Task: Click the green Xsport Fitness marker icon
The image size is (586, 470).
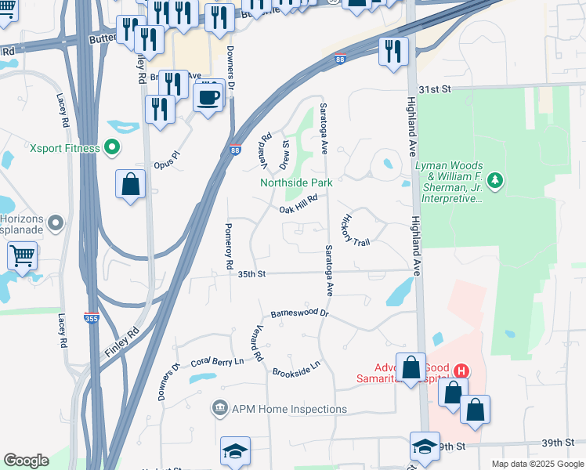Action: pos(112,147)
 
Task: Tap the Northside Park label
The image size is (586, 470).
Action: pos(296,183)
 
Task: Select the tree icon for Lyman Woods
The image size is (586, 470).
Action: pos(494,182)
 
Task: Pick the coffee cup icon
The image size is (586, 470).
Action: pos(208,98)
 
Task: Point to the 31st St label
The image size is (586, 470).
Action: pos(436,90)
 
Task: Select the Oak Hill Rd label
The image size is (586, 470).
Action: pos(298,203)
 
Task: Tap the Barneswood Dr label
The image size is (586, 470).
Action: pos(298,313)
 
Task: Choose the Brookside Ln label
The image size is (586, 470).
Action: pos(297,369)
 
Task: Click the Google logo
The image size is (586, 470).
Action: pos(26,461)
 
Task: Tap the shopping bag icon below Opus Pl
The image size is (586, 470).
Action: pos(131,185)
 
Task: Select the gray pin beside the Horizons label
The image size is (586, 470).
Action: pos(55,225)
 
